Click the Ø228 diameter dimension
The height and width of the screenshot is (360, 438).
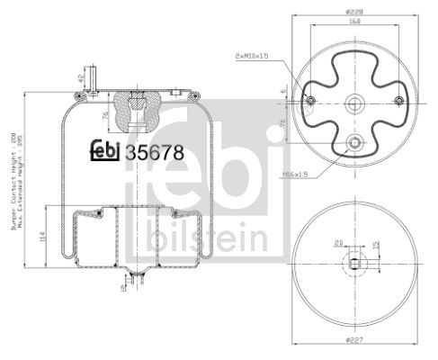pos(354,11)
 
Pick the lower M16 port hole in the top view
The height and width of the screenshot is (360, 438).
pos(354,141)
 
